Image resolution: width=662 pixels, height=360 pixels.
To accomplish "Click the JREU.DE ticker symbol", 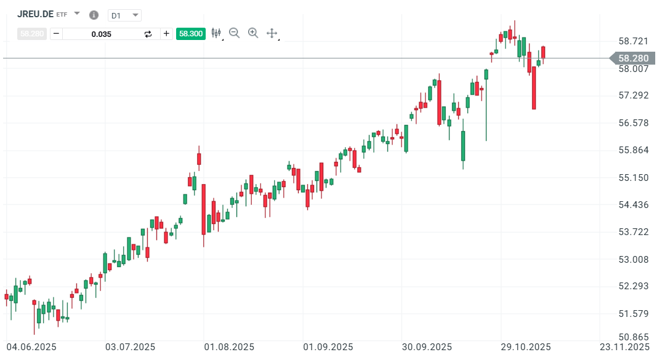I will (34, 14).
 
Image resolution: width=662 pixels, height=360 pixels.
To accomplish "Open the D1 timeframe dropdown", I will (124, 15).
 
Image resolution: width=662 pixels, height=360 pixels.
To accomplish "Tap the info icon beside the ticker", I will (94, 15).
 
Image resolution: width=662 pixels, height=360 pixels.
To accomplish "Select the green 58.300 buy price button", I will (190, 34).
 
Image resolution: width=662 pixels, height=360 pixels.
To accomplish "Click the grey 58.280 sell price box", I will (31, 34).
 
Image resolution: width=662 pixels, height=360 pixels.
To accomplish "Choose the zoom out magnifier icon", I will (234, 33).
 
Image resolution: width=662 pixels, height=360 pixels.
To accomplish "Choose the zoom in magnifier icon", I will (253, 33).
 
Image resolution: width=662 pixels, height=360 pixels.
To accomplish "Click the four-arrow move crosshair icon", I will (272, 33).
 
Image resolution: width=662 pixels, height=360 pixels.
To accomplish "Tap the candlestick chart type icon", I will (216, 33).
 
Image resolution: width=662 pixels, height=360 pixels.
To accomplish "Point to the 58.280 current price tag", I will (633, 58).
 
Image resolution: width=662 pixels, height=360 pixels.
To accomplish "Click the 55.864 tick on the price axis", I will (634, 150).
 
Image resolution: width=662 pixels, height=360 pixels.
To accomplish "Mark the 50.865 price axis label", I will (634, 337).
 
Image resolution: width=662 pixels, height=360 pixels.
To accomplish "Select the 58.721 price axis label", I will (634, 41).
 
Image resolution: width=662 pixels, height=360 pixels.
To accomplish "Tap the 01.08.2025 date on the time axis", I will (229, 347).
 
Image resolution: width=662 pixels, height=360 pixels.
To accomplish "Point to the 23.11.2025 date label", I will (624, 347).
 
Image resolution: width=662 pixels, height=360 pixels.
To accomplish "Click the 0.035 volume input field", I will (102, 34).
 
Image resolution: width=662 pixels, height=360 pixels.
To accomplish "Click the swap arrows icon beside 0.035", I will (148, 34).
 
